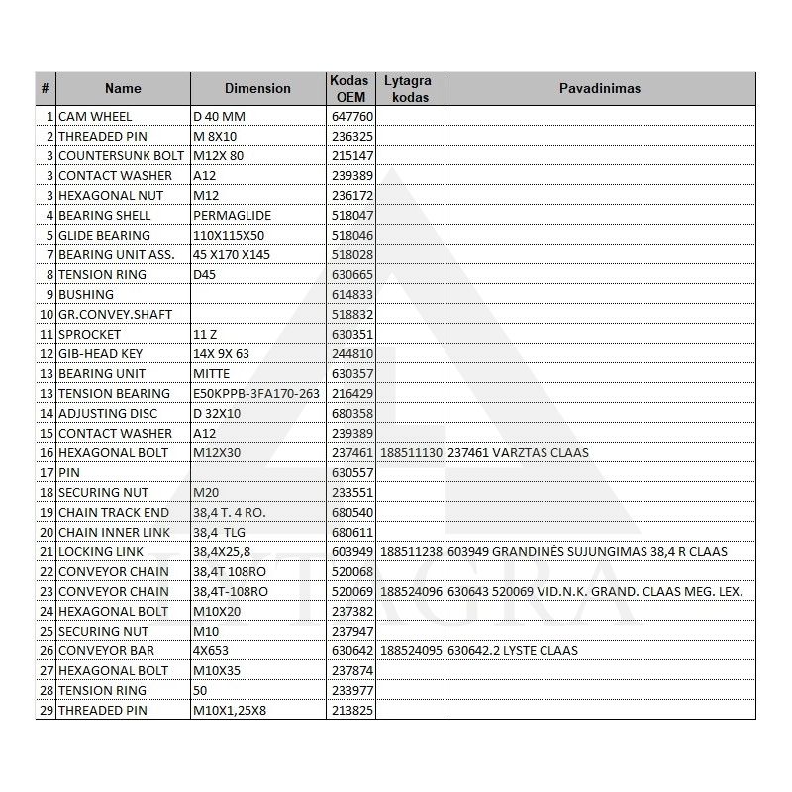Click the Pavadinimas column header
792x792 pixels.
pos(600,88)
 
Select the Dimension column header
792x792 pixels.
pos(257,88)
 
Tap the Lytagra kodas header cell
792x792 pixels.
pos(411,88)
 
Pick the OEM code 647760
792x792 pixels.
pos(351,116)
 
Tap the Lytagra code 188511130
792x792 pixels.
pos(411,452)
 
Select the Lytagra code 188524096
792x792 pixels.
pos(411,591)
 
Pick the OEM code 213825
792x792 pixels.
pos(351,710)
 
